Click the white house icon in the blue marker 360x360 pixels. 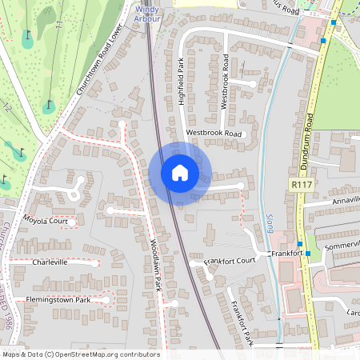pos(180,173)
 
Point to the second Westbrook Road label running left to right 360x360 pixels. pos(214,133)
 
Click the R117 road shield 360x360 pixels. pos(299,185)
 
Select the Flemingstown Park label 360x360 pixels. pos(55,300)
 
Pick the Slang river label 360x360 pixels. pos(269,222)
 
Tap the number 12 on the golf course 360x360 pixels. pos(9,106)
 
